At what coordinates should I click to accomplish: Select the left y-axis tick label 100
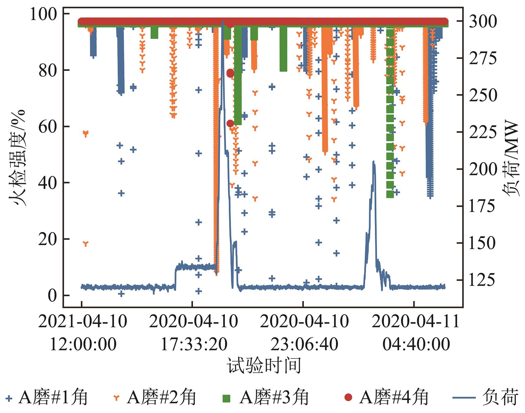[43, 14]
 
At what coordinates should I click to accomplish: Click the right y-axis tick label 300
[483, 21]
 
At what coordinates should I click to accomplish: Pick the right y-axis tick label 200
[483, 169]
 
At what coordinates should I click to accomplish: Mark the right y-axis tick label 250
[483, 95]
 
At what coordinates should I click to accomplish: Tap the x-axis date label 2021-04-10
[83, 322]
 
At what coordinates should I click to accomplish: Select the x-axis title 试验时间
[264, 365]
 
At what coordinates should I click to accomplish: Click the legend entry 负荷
[485, 398]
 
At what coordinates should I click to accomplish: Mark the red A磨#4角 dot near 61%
[230, 124]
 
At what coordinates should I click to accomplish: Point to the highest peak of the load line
[222, 21]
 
